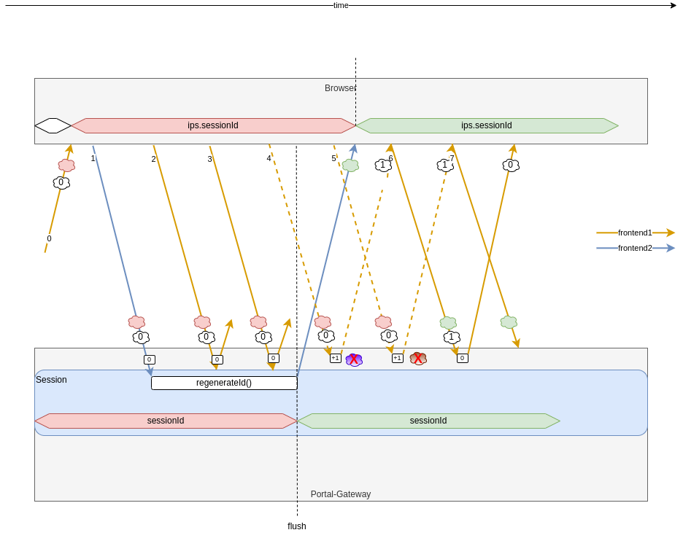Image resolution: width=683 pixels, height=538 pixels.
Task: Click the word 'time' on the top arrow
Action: (341, 5)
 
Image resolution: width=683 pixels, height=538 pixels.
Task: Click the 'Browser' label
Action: (340, 88)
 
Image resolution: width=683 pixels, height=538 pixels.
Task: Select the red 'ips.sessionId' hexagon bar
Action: (213, 125)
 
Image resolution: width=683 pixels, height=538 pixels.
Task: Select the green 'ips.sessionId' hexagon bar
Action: (487, 125)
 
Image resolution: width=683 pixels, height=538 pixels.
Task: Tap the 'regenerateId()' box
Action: (224, 383)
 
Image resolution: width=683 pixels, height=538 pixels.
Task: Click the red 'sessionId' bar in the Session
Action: (166, 421)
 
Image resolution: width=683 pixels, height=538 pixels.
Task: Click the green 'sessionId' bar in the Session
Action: (428, 421)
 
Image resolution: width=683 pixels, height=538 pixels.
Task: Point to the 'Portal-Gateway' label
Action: (341, 494)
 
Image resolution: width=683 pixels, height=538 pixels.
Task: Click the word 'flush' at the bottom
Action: (297, 526)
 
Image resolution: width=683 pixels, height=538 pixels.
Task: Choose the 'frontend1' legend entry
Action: (635, 233)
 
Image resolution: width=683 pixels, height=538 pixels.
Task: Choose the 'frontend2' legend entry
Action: (635, 248)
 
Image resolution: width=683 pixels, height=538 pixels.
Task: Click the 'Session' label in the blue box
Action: (51, 380)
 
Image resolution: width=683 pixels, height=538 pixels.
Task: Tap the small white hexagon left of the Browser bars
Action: (53, 125)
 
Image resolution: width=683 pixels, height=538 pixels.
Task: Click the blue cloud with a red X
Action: (354, 359)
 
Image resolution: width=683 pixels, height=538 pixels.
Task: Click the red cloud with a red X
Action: (418, 359)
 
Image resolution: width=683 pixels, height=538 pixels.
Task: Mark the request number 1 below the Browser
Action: (93, 158)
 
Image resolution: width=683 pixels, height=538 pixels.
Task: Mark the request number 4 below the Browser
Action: (269, 158)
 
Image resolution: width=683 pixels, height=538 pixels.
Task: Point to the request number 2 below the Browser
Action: (153, 159)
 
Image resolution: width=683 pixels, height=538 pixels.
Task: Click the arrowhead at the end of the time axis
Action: (674, 5)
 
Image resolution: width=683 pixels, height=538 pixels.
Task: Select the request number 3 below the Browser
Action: (209, 159)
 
